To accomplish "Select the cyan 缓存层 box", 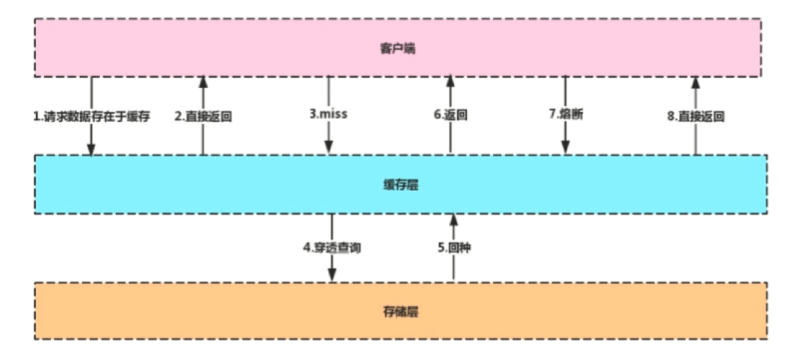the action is (400, 184).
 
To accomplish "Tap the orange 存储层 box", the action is (400, 311).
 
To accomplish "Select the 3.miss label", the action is (329, 114).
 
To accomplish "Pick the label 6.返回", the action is (450, 114).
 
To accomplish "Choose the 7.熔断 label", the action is (566, 114).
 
